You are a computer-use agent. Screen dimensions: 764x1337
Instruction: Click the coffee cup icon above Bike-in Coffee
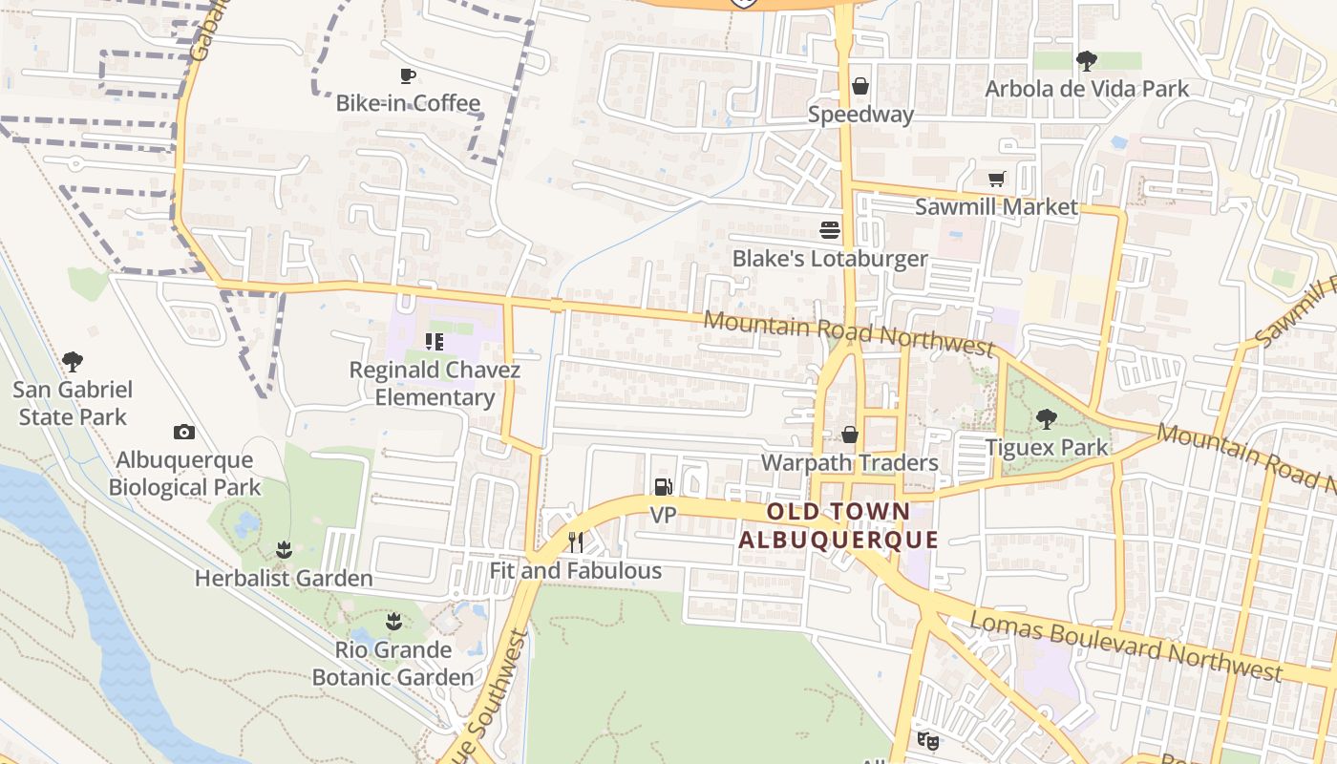408,75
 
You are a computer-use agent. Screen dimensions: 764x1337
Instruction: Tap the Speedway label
860,115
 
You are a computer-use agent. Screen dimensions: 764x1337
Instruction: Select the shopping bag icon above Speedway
860,87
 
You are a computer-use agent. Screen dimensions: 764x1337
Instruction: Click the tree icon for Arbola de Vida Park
1086,61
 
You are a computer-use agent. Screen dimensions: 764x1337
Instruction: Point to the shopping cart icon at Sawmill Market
996,179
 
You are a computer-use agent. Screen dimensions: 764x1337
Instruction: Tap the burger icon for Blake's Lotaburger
830,229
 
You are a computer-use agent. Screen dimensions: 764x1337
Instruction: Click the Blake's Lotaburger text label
830,259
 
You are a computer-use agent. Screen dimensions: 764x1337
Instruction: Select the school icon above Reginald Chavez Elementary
435,341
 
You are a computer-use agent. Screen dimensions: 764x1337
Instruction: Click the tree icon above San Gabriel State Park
72,361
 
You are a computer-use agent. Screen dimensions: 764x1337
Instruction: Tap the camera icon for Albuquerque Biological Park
184,433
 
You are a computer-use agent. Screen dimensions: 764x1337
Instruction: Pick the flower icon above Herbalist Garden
283,550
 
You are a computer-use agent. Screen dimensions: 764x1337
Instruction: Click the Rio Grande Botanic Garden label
393,664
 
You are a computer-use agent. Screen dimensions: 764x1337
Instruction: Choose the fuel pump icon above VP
663,487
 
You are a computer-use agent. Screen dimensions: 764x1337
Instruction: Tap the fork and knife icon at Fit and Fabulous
575,542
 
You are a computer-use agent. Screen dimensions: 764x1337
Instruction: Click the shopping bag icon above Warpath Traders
849,435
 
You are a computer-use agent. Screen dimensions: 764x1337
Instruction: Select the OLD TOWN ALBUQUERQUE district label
838,525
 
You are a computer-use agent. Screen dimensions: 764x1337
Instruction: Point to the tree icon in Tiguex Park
1047,418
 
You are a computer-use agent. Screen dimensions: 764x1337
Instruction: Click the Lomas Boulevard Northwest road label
1126,647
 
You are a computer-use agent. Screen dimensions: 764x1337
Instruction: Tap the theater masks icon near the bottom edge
926,739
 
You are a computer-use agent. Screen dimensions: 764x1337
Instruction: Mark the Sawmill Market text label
996,207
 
